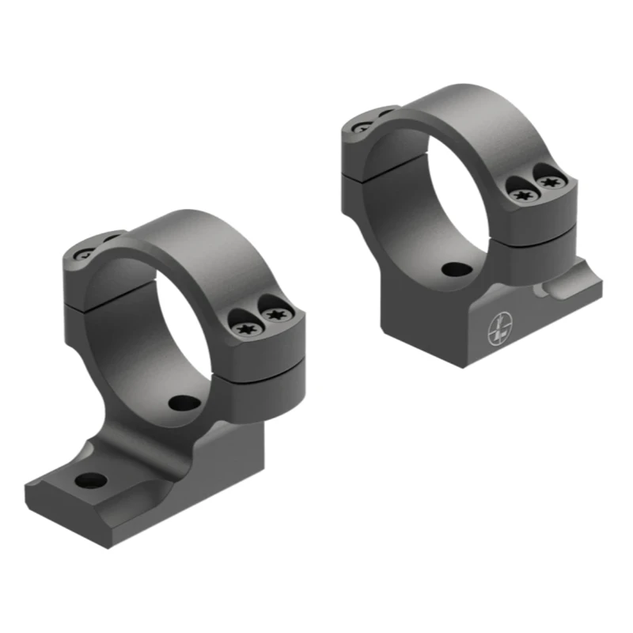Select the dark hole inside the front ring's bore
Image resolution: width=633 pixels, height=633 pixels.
[x=184, y=401]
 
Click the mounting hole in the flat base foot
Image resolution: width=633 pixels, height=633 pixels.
[x=92, y=479]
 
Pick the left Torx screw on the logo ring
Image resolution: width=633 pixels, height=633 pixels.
[x=521, y=193]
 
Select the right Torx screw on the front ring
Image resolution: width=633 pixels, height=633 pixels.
[x=275, y=316]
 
